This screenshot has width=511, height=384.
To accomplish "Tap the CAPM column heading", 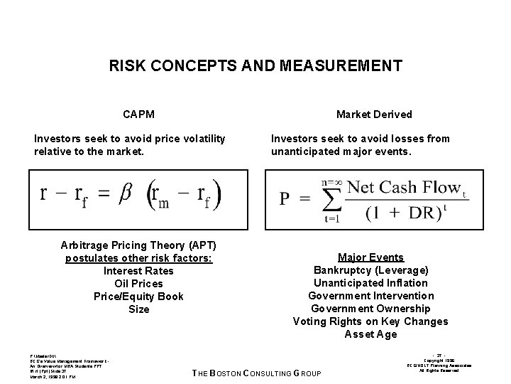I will point(139,114).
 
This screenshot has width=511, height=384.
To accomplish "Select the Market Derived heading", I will point(374,114).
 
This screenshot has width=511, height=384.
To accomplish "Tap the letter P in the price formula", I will point(285,198).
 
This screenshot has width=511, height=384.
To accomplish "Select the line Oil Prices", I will point(138,284).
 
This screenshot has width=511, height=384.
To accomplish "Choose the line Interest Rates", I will point(138,271).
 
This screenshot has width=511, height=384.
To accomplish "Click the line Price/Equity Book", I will point(138,297).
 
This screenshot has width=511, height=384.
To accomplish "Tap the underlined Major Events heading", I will point(370,257).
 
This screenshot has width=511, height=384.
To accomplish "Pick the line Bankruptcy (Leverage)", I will point(370,270).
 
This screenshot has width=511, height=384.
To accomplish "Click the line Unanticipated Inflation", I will point(370,283).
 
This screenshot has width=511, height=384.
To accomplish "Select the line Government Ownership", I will point(370,309).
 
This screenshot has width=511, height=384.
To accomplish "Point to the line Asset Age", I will point(370,334).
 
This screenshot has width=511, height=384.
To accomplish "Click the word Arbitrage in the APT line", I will point(85,245).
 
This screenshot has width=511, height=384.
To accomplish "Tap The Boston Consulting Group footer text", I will point(257,374).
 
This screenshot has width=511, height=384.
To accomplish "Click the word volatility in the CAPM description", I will point(202,139).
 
